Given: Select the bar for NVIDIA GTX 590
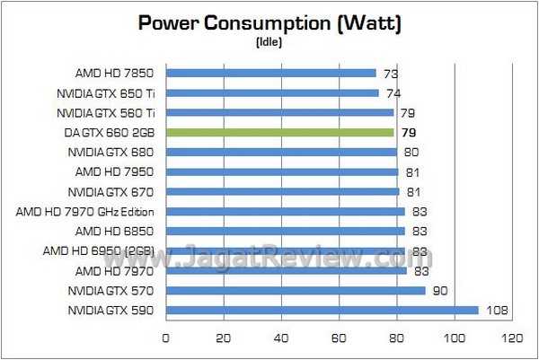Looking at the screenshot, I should pyautogui.click(x=323, y=311).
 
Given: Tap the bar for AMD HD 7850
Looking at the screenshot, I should pyautogui.click(x=271, y=74).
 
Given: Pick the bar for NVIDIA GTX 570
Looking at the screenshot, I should pyautogui.click(x=296, y=291).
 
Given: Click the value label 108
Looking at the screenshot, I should pyautogui.click(x=498, y=311).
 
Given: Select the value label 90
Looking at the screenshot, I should pyautogui.click(x=441, y=291).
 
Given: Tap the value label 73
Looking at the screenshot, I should pyautogui.click(x=391, y=74).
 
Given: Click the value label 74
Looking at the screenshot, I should pyautogui.click(x=393, y=93).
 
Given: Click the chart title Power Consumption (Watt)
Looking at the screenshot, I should pyautogui.click(x=269, y=23).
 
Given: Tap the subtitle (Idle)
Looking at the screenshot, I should pyautogui.click(x=269, y=42).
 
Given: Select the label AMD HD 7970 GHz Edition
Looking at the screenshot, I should pyautogui.click(x=86, y=212).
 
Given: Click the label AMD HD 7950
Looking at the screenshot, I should pyautogui.click(x=116, y=172).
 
